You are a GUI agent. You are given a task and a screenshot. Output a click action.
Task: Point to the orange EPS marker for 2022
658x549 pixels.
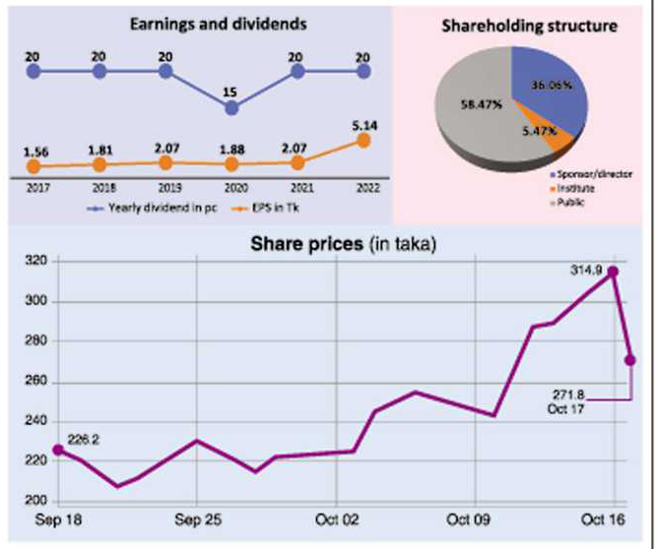point(363,141)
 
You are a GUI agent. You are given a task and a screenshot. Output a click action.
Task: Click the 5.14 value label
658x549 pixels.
point(363,125)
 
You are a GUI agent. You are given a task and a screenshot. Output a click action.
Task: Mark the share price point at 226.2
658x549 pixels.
point(58,450)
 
